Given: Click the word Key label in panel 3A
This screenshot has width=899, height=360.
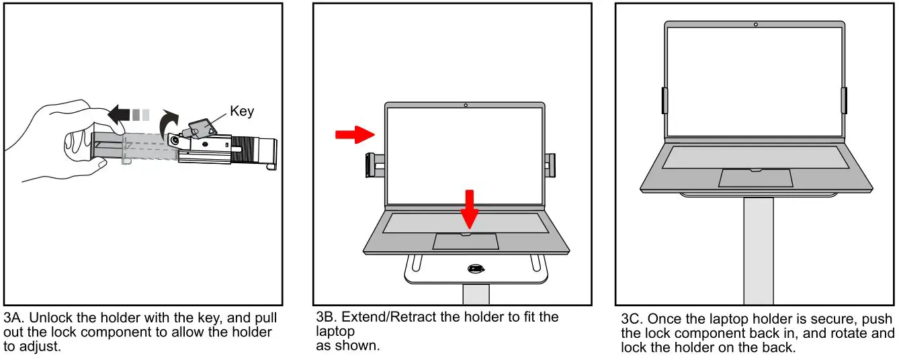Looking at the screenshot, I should pos(242,111).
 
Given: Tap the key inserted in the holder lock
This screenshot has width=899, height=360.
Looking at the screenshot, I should pos(199,130).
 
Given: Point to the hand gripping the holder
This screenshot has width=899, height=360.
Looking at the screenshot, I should pos(60,141).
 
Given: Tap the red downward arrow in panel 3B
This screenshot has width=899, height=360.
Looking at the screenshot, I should pos(470,209).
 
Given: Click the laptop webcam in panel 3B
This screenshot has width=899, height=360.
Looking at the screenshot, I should pos(466,105).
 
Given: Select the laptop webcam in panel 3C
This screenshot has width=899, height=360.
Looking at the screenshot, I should pos(756,24).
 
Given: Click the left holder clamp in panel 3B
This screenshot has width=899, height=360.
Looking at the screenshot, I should pos(372,165).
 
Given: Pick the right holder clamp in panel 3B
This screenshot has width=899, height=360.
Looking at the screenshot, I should pos(550,165).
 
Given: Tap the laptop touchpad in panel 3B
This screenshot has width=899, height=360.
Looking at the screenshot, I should pos(465,241).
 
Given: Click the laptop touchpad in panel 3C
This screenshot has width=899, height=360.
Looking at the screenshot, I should pos(755,177).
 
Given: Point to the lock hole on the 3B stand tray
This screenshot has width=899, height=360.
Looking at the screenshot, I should pos(476,269).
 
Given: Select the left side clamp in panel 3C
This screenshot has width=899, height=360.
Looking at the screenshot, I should pos(664,100).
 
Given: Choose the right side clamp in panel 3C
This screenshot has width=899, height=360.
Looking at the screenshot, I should pos(845,100).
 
